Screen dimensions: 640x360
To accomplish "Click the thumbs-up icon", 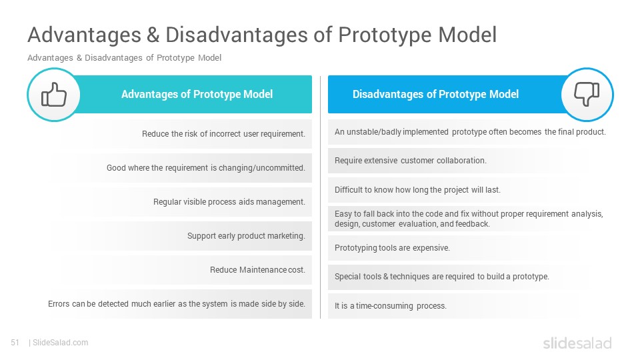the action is [x=54, y=94].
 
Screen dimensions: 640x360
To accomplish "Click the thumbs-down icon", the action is [x=587, y=94].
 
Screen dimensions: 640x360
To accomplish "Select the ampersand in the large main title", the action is [x=153, y=35].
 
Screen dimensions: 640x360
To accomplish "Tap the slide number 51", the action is [x=15, y=343].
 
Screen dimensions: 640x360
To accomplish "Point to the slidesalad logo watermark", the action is [x=577, y=343].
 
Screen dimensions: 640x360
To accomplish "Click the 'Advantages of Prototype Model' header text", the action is [x=197, y=94].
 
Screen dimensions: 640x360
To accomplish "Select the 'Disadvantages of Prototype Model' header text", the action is [x=435, y=94].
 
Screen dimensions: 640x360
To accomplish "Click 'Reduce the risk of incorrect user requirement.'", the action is [x=224, y=134].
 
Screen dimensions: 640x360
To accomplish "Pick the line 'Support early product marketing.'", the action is [x=246, y=236].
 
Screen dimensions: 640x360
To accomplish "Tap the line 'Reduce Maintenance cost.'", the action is [x=257, y=270].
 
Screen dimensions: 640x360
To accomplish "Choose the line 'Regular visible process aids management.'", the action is [x=229, y=201].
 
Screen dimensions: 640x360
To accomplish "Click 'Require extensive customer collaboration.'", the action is [x=411, y=161].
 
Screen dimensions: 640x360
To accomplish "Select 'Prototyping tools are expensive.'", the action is [x=392, y=248].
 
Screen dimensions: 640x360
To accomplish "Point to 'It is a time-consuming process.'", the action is [x=391, y=306].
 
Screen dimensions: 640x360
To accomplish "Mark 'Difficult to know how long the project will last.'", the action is [x=417, y=190].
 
